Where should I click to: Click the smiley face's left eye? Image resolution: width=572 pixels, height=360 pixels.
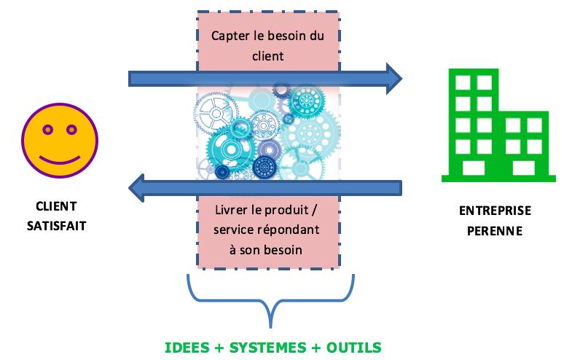[47, 130]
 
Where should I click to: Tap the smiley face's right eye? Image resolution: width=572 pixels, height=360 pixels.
[71, 130]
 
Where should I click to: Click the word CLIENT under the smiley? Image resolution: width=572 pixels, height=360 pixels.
[56, 207]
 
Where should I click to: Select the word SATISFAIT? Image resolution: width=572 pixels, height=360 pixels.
[56, 225]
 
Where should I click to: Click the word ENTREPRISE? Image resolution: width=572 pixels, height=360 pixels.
[495, 211]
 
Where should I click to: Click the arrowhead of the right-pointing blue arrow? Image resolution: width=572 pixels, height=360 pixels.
[393, 77]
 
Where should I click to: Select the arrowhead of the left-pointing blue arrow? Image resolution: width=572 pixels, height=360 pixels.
[137, 188]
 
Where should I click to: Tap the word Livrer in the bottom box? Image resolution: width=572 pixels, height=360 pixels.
[233, 211]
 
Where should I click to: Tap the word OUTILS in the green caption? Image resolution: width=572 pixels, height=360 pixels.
[352, 346]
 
